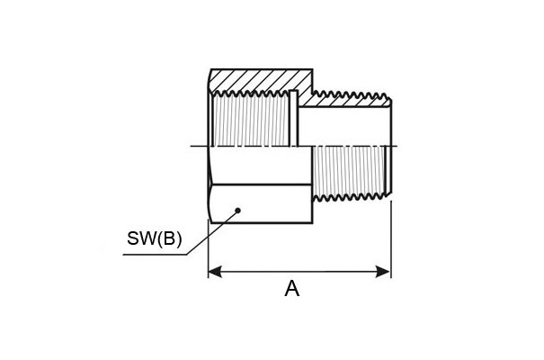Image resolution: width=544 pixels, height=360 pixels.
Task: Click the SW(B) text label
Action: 154,238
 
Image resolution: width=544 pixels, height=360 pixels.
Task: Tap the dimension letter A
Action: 291,289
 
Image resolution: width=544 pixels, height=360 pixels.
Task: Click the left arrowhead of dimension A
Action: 215,272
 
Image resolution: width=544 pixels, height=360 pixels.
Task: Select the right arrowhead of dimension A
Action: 383,272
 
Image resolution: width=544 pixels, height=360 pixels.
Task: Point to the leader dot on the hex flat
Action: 237,210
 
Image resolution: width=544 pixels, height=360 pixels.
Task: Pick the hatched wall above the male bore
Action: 347,101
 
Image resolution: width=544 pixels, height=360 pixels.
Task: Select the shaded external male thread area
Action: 349,171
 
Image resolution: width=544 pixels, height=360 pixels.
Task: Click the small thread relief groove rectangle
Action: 294,118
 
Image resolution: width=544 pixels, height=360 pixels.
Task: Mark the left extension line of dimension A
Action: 208,248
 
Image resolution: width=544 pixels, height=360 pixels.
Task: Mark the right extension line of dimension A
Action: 391,239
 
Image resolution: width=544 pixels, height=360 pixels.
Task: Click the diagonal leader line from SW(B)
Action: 212,232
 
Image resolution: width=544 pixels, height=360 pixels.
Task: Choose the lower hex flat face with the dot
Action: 261,203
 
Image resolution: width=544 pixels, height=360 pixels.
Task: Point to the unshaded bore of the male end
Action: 344,126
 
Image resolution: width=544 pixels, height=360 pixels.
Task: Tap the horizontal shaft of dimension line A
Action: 299,272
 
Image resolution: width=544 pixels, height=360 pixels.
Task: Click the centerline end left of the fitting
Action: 192,146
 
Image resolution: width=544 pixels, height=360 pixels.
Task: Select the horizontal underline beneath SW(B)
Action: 155,256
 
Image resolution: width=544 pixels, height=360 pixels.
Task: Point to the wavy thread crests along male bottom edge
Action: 350,198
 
